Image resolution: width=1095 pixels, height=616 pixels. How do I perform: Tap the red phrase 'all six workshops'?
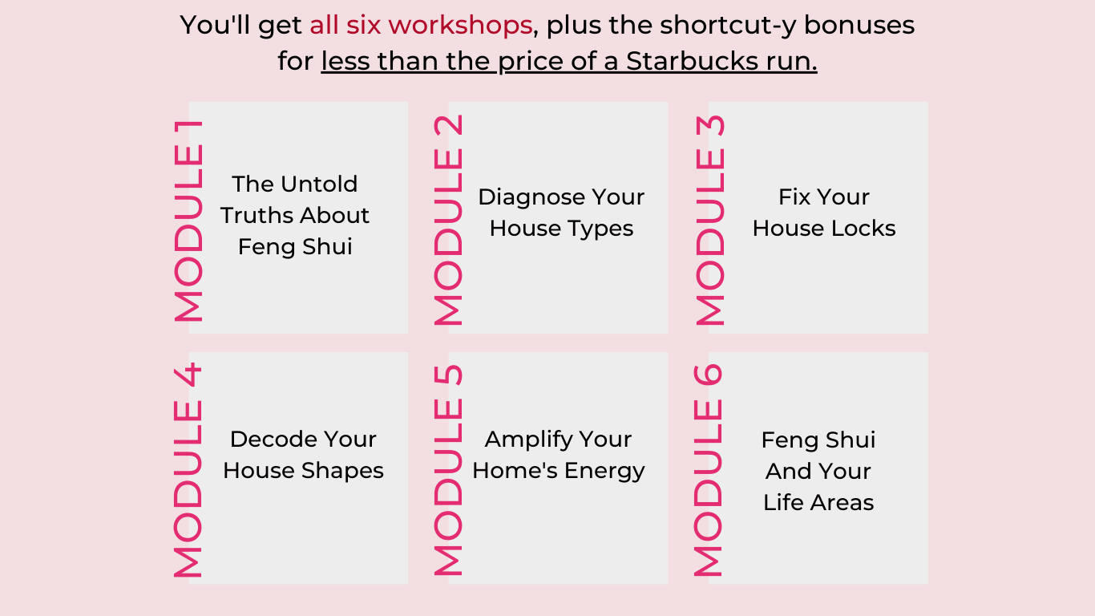tap(421, 25)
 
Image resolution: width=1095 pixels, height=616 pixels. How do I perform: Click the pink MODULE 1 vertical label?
tap(188, 221)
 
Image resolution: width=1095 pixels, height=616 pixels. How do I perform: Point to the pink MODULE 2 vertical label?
tap(448, 221)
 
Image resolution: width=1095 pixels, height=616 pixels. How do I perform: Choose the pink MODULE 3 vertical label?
tap(709, 221)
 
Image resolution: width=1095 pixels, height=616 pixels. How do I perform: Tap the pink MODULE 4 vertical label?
tap(188, 470)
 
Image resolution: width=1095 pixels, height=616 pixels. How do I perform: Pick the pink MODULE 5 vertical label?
tap(448, 470)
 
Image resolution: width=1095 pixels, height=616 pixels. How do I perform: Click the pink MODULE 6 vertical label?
tap(708, 470)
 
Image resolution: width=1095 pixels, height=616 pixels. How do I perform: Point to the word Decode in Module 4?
tap(270, 440)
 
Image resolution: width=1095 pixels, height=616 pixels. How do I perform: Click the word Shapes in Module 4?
tap(342, 472)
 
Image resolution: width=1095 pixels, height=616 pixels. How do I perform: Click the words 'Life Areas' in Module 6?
tap(818, 503)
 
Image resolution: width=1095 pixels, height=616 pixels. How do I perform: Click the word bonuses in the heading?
tap(859, 26)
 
